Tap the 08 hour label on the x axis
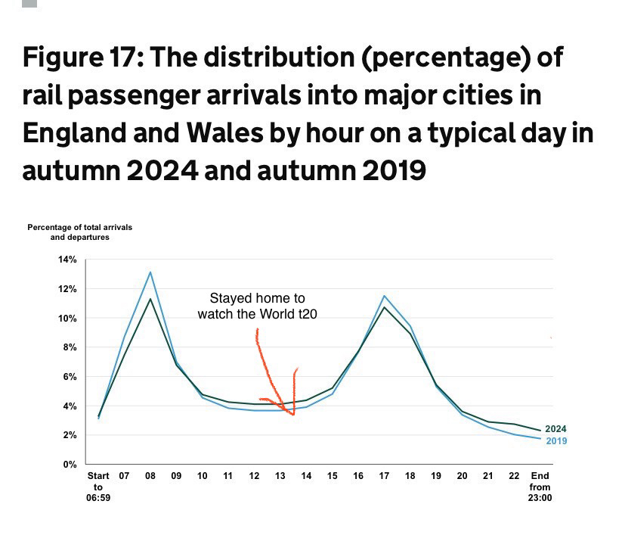[x=150, y=476]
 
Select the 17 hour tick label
[x=384, y=476]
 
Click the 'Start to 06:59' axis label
[x=98, y=488]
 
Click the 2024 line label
[x=555, y=429]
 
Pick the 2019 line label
[x=555, y=440]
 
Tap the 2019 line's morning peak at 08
[x=150, y=272]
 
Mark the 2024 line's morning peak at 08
[x=150, y=299]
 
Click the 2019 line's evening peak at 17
[x=384, y=296]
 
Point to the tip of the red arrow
[x=293, y=414]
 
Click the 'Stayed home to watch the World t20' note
[x=257, y=306]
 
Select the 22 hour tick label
[x=514, y=476]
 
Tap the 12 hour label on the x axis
[x=254, y=476]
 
